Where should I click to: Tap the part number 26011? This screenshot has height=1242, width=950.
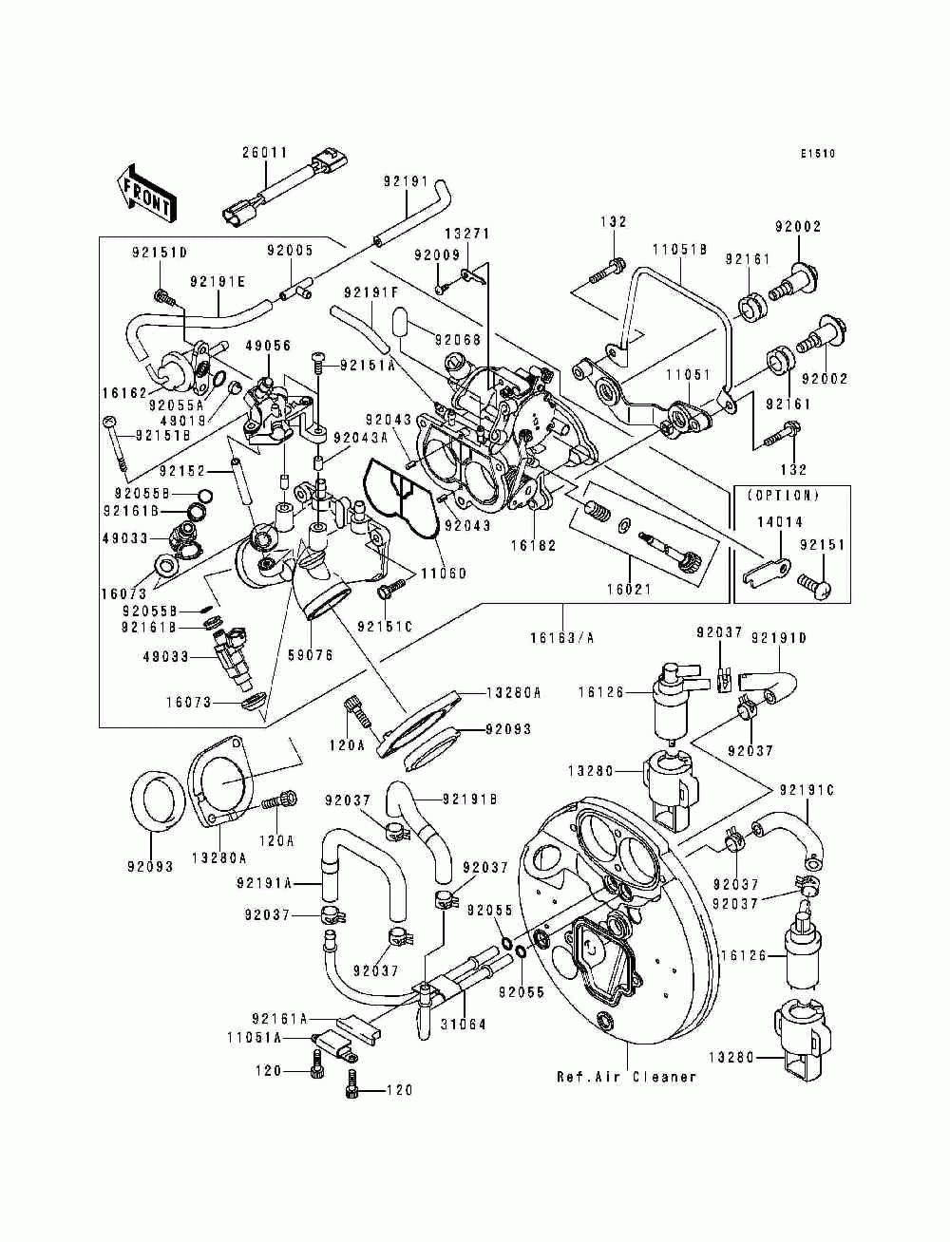point(265,153)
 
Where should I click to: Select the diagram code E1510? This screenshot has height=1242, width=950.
point(818,154)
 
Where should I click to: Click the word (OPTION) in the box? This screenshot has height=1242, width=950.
point(783,496)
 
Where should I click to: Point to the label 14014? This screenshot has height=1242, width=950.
point(780,522)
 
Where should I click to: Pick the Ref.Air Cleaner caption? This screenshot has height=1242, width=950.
point(627,1077)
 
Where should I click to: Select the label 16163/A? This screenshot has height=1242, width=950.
point(562,638)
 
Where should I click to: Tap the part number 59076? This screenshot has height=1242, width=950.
point(311,656)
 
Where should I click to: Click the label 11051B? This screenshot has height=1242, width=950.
point(680,250)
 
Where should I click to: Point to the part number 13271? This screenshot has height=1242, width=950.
point(467,234)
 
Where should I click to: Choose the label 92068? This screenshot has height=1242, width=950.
point(458,340)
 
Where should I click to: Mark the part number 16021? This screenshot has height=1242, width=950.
point(629,590)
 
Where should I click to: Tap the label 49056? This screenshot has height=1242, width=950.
point(268,345)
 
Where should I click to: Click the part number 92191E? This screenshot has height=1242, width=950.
point(218,282)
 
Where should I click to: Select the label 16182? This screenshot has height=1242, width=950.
point(534,546)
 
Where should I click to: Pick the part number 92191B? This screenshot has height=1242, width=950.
point(470,799)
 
